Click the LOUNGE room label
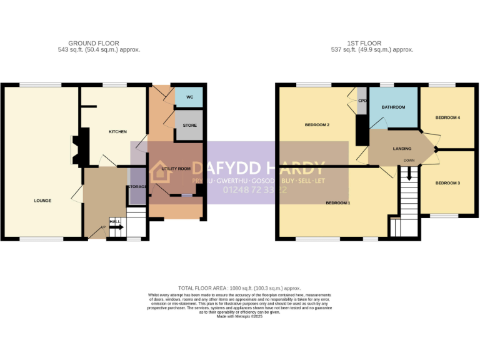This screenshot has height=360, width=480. pos(42,201)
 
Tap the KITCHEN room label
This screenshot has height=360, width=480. pos(117,132)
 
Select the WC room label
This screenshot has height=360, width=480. pos(189,97)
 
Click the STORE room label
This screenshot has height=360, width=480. pos(189,126)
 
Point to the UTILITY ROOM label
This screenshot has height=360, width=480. pos(176,169)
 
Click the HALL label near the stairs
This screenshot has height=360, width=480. pos(114,221)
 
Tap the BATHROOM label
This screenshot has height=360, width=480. pos(394,107)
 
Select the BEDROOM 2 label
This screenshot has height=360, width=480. pos(317,125)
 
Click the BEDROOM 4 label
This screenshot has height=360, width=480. pos(447,117)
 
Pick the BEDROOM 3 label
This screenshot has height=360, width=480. pos(447,182)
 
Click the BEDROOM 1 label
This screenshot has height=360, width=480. pos(338,203)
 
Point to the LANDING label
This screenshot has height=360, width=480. pos(402,149)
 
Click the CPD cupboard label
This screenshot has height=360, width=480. pos(362,99)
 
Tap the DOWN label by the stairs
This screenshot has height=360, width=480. pos(409,161)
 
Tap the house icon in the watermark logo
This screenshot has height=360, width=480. pos(160,172)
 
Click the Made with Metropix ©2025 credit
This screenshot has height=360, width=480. pos(239,316)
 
